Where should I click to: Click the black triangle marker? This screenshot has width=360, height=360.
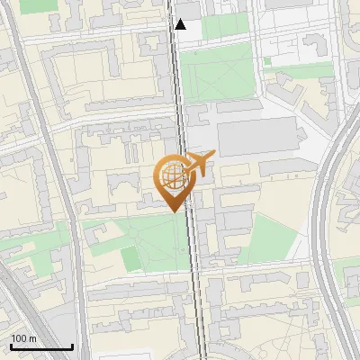pyautogui.click(x=181, y=23)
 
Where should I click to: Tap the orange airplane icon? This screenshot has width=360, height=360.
pyautogui.click(x=200, y=164)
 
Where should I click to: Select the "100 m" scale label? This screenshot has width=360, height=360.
pyautogui.click(x=23, y=337)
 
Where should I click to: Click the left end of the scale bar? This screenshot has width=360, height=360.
pyautogui.click(x=11, y=347)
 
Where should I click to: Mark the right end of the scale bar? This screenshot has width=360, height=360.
pyautogui.click(x=72, y=347)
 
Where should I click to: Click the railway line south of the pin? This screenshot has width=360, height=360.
pyautogui.click(x=194, y=270)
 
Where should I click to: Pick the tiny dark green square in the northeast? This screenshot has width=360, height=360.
pyautogui.click(x=267, y=61)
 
